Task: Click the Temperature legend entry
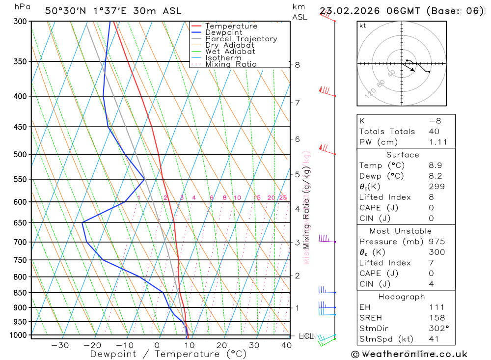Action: point(231,26)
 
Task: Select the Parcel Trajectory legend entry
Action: point(241,39)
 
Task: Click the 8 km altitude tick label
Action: point(298,65)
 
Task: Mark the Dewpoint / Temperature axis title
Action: point(168,354)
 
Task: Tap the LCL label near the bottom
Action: point(305,336)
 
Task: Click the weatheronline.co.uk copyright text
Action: point(409,354)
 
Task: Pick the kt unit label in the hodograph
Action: point(363,26)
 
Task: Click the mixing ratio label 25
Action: point(283,198)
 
